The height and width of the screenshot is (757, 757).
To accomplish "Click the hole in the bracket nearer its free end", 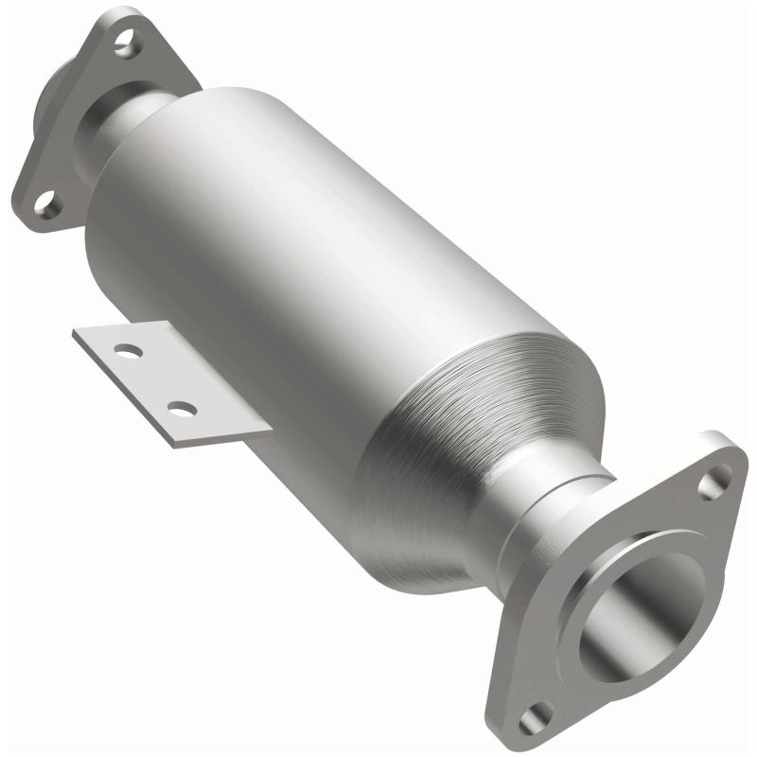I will point(126,351).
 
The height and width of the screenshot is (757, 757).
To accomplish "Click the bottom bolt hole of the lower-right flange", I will point(537,717).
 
